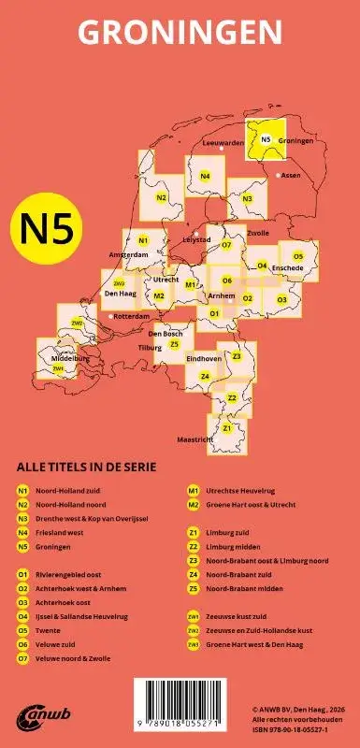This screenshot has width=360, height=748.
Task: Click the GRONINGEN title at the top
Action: [x=180, y=35]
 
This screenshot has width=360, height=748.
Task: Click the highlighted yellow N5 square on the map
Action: [x=266, y=139]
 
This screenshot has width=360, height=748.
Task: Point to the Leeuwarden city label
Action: [x=223, y=143]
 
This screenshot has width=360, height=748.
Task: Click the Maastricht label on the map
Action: [x=195, y=439]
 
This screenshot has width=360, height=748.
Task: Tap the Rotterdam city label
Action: [x=131, y=317]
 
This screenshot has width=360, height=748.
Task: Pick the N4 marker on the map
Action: [x=205, y=177]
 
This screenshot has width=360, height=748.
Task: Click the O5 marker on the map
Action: [x=298, y=256]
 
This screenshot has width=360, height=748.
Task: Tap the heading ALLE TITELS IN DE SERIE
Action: [x=86, y=466]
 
